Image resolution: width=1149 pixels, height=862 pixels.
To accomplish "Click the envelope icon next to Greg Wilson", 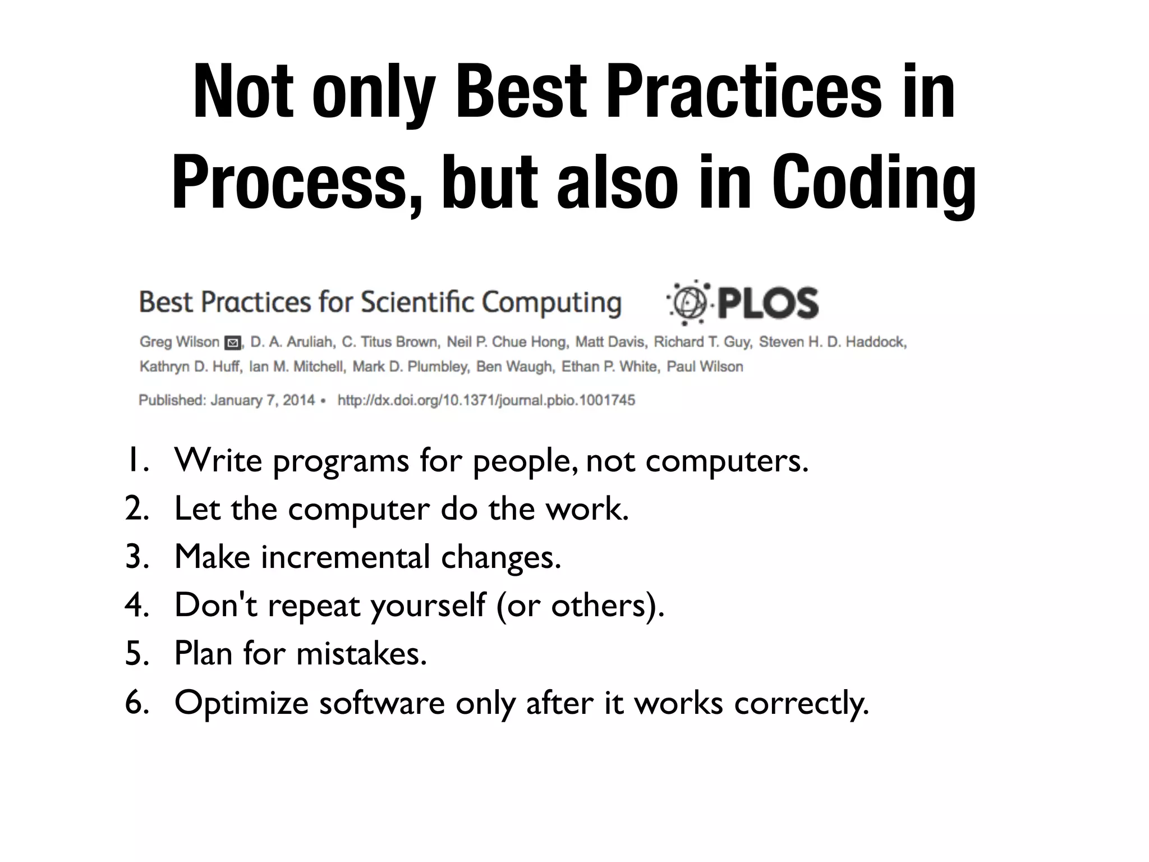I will pos(232,343).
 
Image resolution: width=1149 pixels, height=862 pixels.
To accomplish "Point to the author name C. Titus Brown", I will pos(390,342).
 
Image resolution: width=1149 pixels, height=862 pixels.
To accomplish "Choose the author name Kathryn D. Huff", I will pos(190,367).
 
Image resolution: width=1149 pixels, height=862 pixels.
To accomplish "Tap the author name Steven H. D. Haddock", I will pos(833,342).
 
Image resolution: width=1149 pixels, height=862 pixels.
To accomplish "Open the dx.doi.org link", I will pos(486,401).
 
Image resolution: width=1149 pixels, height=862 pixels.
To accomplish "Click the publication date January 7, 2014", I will pos(263,401).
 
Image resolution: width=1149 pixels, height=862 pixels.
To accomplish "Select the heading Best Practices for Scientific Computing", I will pos(380,302).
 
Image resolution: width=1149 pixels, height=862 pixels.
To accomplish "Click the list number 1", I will pos(136,461).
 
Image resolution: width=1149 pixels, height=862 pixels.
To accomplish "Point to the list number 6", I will pos(136,703).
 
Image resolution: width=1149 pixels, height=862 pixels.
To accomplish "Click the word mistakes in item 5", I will pos(361,654).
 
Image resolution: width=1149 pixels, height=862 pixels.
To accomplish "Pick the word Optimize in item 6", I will pos(242,703).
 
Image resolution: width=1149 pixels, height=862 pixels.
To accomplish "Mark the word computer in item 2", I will pos(359,510).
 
